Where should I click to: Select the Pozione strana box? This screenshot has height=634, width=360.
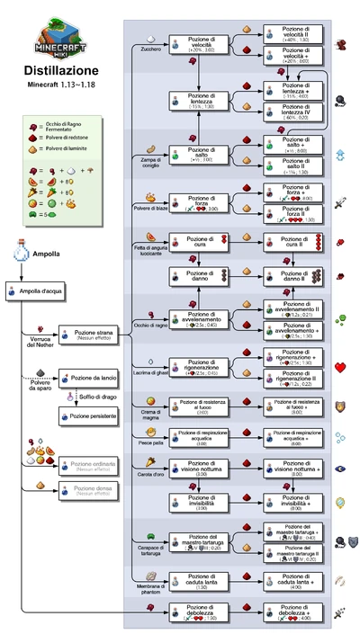[x=85, y=334]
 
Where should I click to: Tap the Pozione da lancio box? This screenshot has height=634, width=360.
[x=85, y=380]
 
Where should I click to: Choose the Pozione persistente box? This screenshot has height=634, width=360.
[x=85, y=415]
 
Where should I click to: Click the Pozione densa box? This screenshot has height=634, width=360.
[x=85, y=490]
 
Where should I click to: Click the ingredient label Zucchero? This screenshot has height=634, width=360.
[x=152, y=49]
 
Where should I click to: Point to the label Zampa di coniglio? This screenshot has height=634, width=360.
[x=152, y=162]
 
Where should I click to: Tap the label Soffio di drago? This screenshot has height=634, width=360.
[x=96, y=397]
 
